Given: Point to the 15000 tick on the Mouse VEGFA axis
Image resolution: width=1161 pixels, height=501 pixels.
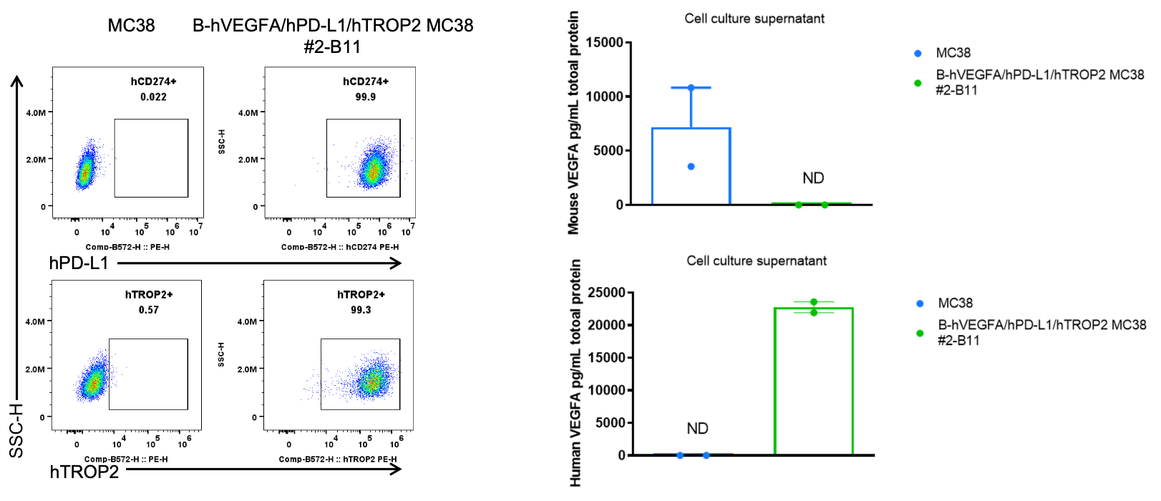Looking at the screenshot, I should coord(605,43).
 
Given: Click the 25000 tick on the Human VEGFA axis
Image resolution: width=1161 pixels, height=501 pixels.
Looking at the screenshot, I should coord(606,293).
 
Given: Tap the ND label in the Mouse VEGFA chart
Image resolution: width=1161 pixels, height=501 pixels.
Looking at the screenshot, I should coord(813,178).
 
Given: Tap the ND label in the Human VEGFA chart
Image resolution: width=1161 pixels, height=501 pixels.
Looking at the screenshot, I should coord(697,429).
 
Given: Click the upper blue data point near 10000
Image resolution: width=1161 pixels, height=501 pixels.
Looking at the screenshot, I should coord(691,88).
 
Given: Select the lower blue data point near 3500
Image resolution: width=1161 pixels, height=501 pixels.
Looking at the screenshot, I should coord(691,167).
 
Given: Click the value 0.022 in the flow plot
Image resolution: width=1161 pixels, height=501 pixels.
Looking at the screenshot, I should coord(153,97).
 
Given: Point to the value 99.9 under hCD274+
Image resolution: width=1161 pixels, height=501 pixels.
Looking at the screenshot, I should coord(366,97).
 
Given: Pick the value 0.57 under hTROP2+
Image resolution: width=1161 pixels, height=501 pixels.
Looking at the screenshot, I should coord(149,310).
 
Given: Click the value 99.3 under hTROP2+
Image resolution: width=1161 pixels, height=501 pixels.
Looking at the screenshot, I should coord(361,310).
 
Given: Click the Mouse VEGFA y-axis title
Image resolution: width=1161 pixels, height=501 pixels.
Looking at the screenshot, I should coord(573,123).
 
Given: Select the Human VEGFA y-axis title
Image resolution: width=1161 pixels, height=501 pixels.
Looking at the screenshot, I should coord(575,373).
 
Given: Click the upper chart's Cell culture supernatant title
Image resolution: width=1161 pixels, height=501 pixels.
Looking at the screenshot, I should coord(754,19).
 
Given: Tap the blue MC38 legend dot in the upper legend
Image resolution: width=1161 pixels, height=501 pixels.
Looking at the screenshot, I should coord(918,54).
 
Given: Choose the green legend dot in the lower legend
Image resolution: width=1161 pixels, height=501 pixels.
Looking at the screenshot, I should coord(920,333).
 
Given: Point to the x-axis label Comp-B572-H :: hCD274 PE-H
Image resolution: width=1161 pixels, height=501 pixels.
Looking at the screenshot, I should coord(340,247).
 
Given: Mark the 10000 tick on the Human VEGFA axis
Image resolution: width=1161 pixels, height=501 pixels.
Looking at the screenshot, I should coord(606,390).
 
